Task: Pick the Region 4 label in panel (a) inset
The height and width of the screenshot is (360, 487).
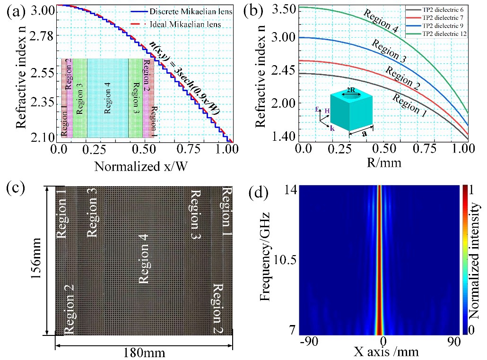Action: pyautogui.click(x=108, y=98)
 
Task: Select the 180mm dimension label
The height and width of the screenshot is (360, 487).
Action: pyautogui.click(x=144, y=353)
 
